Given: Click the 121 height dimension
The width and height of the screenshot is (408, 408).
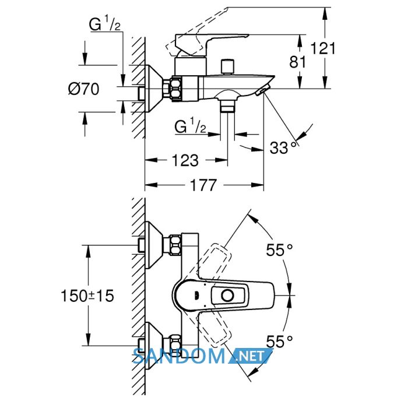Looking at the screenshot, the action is (x=323, y=48).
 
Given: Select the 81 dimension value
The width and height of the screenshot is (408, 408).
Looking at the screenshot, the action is (x=298, y=62).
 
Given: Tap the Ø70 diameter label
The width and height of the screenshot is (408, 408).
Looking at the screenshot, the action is (x=84, y=89).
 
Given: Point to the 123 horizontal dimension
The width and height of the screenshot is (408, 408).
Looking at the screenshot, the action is (x=185, y=160).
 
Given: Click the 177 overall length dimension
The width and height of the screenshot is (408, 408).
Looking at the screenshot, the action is (x=203, y=185).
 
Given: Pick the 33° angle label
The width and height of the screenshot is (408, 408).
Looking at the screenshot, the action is (x=283, y=147).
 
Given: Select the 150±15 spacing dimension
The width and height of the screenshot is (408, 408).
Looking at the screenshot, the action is (x=87, y=296).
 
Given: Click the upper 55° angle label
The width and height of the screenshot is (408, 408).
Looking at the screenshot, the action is (x=279, y=250).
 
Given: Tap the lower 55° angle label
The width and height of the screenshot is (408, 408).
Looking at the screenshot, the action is (x=279, y=342).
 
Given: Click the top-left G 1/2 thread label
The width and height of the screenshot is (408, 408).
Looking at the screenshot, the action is (x=104, y=24).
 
